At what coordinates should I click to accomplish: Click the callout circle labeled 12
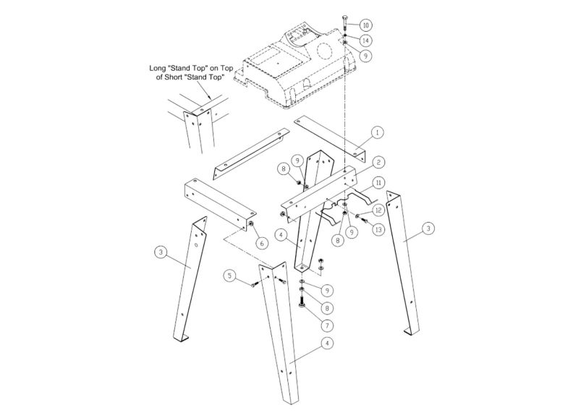(x=378, y=210)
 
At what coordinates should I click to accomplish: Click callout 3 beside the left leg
(x=161, y=252)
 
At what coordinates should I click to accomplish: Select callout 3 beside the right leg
(x=428, y=228)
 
